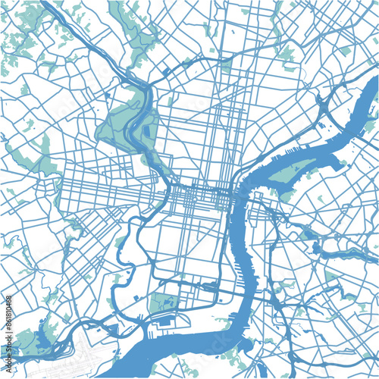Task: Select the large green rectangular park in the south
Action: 162,302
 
